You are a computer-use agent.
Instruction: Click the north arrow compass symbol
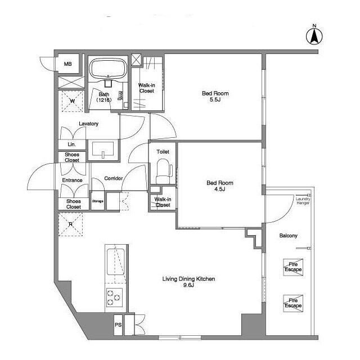314,36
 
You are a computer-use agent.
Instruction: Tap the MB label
67,64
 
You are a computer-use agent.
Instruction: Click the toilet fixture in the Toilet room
164,171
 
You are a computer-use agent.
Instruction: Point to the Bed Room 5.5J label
215,96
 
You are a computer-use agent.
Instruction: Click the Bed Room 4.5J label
220,186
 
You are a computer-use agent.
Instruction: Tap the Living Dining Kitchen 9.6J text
188,282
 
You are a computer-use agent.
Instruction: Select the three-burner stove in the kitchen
114,298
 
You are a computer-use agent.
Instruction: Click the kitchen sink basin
116,262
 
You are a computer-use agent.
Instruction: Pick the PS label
118,325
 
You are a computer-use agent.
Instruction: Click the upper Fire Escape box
293,267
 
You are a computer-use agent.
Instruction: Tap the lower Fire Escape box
293,303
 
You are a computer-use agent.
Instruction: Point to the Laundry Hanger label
303,201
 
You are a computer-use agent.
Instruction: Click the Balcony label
288,236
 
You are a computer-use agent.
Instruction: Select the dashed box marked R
70,224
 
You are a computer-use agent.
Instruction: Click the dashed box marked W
73,101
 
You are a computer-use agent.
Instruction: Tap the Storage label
97,201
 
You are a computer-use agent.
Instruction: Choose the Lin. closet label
71,145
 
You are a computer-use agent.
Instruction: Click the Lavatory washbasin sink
103,150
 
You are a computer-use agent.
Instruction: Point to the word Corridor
114,178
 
